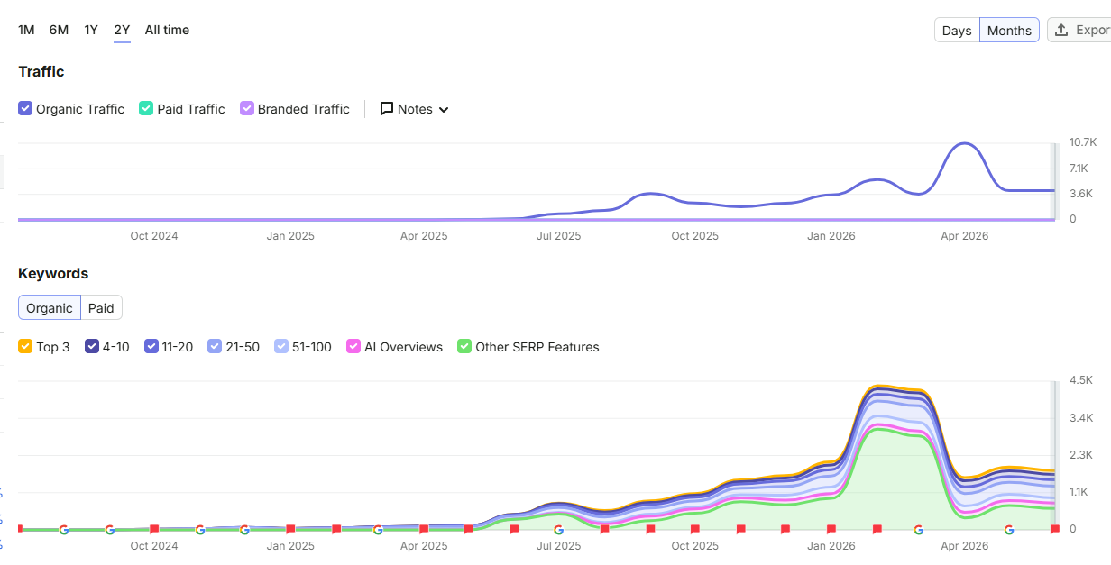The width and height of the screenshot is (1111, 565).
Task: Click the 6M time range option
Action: [x=59, y=31]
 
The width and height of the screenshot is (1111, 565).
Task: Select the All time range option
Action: [x=167, y=31]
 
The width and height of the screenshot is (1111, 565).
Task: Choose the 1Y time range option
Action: [x=91, y=31]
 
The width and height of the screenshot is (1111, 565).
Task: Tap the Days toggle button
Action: [x=957, y=31]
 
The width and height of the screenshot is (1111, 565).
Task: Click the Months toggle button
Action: [x=1009, y=31]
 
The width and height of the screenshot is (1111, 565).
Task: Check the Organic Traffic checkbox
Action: [x=25, y=108]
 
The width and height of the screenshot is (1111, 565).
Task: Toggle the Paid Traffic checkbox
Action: [x=146, y=108]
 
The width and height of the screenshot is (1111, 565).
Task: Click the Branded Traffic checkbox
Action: [x=246, y=108]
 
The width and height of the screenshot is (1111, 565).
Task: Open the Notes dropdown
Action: [x=415, y=109]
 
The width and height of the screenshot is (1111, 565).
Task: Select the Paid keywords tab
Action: [x=101, y=308]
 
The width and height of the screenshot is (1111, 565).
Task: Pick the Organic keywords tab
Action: [x=50, y=308]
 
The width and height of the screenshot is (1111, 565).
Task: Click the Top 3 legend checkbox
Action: [x=25, y=346]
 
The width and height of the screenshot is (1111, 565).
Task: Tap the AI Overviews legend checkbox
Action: [x=353, y=346]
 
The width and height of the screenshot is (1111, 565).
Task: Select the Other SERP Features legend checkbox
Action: [x=464, y=346]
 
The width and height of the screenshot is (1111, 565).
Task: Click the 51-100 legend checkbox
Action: [x=281, y=346]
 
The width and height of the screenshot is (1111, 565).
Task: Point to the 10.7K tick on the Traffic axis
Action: [x=1083, y=142]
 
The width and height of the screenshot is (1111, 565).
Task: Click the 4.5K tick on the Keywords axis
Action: [x=1081, y=380]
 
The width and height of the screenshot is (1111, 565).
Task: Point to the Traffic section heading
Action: [x=41, y=72]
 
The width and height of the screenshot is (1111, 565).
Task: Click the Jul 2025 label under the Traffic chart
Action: [x=558, y=236]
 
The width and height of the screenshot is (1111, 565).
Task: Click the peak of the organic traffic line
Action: [x=965, y=144]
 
